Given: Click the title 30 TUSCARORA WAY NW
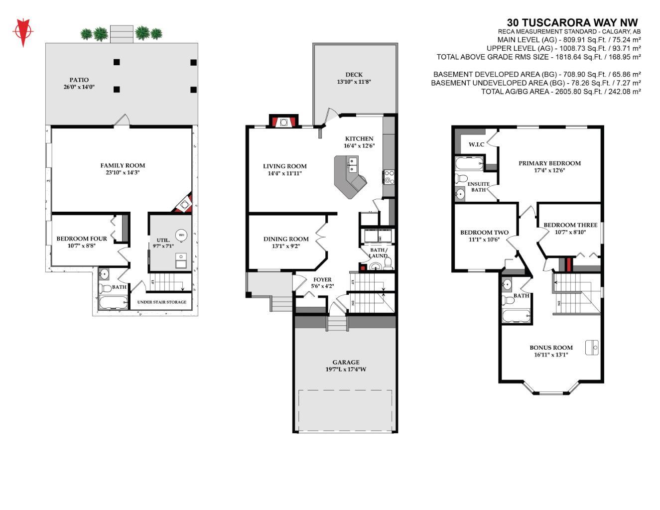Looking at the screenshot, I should pyautogui.click(x=572, y=22).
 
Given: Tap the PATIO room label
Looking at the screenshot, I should pyautogui.click(x=79, y=80).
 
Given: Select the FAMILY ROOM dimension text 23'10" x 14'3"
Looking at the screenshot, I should pyautogui.click(x=123, y=173).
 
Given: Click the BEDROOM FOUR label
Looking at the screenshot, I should pyautogui.click(x=82, y=239).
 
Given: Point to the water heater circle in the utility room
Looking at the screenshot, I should pyautogui.click(x=181, y=235).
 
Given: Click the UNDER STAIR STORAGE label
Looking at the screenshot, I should pyautogui.click(x=162, y=302).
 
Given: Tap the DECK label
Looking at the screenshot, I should pyautogui.click(x=354, y=75).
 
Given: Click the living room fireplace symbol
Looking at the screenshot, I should pyautogui.click(x=283, y=122).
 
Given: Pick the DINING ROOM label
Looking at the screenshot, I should pyautogui.click(x=286, y=239).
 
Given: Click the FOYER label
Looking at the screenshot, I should pyautogui.click(x=322, y=279).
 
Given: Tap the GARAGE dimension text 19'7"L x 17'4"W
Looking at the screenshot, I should pyautogui.click(x=346, y=370).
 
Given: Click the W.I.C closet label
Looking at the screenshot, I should pyautogui.click(x=476, y=144).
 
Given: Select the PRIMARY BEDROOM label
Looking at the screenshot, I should pyautogui.click(x=549, y=163).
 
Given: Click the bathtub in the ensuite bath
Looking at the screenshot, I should pyautogui.click(x=469, y=162).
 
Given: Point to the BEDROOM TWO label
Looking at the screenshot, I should pyautogui.click(x=484, y=232).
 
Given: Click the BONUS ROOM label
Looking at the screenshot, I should pyautogui.click(x=551, y=348).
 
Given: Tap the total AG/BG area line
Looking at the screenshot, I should pyautogui.click(x=561, y=92).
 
